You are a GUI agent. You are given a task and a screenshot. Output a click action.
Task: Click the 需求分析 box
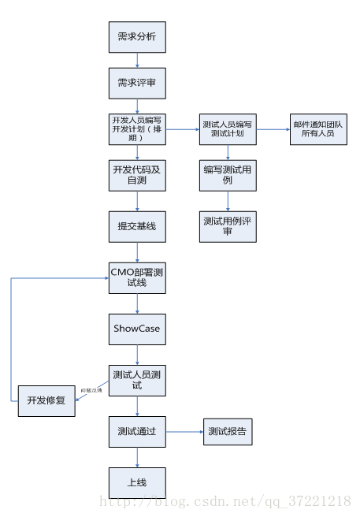click(x=137, y=37)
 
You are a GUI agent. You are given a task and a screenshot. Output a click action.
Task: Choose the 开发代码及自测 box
click(x=137, y=175)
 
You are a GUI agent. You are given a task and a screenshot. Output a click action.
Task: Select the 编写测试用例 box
click(x=228, y=175)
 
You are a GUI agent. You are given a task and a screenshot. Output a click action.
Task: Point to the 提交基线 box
click(x=137, y=226)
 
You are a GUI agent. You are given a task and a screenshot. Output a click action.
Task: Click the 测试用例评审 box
click(x=228, y=226)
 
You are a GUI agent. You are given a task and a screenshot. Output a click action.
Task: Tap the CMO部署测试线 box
click(x=137, y=277)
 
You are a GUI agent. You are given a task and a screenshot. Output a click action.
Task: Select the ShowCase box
click(x=137, y=329)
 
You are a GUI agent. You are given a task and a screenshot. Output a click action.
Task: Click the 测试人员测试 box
click(x=137, y=380)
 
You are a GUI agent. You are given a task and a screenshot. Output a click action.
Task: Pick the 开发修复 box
click(x=46, y=400)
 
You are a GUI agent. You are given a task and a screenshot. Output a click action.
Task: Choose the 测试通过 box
click(x=137, y=431)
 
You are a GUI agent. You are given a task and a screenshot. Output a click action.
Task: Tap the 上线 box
click(x=137, y=482)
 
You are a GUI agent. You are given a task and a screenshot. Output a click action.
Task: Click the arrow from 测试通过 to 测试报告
click(x=184, y=431)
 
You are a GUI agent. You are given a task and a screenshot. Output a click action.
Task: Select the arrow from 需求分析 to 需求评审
click(x=137, y=60)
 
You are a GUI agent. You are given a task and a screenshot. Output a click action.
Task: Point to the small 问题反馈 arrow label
click(x=91, y=390)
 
